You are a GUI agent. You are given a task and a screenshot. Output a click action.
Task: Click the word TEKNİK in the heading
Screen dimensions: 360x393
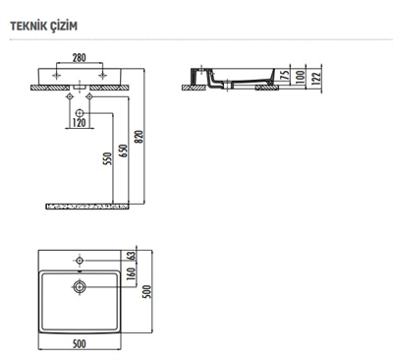point(30,23)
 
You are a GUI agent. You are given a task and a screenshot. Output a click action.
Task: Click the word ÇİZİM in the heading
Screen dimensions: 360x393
point(69,23)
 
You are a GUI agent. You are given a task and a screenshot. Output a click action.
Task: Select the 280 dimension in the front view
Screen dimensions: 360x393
point(81,58)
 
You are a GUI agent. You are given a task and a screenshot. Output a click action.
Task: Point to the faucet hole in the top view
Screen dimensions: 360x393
point(81,261)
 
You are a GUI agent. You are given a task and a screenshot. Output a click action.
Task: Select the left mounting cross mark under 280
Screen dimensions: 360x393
point(58,76)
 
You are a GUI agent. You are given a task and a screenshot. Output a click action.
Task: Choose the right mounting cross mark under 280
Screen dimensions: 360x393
point(102,76)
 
